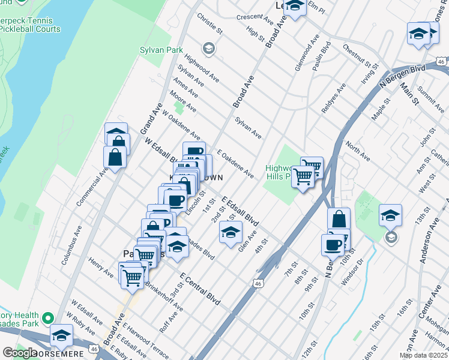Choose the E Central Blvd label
click(200, 288)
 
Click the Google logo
click(20, 353)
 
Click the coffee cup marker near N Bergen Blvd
click(333, 244)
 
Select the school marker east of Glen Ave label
click(231, 233)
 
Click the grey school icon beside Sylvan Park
click(208, 48)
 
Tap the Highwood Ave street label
click(201, 68)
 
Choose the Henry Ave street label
click(100, 268)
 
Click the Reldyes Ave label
click(333, 98)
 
